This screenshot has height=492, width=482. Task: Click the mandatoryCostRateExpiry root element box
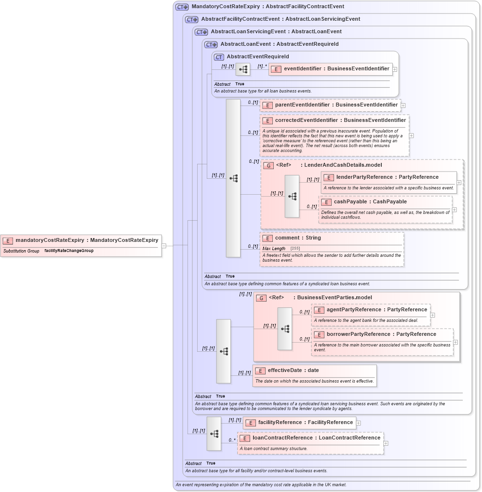(x=81, y=240)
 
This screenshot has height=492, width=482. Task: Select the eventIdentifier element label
(x=336, y=69)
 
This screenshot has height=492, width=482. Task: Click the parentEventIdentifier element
(x=336, y=105)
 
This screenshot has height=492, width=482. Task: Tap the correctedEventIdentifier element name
(x=340, y=120)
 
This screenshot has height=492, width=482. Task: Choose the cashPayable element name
(x=370, y=202)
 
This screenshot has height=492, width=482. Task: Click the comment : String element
(x=297, y=238)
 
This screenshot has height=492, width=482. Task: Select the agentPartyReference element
(x=376, y=310)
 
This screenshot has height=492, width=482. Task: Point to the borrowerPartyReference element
(x=381, y=334)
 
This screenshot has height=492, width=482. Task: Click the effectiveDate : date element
(x=293, y=371)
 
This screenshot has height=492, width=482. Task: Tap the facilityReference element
(x=305, y=423)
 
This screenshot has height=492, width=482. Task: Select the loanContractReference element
(x=316, y=438)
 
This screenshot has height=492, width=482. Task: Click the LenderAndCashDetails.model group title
(x=343, y=165)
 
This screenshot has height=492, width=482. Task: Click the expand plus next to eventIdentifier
(x=395, y=69)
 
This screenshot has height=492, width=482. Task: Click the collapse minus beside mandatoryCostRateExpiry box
(x=164, y=245)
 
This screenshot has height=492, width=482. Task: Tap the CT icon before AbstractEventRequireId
(x=219, y=57)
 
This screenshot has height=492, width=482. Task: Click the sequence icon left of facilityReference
(x=214, y=434)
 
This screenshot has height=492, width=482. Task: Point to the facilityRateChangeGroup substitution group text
(x=69, y=251)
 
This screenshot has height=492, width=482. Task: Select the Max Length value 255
(x=295, y=249)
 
